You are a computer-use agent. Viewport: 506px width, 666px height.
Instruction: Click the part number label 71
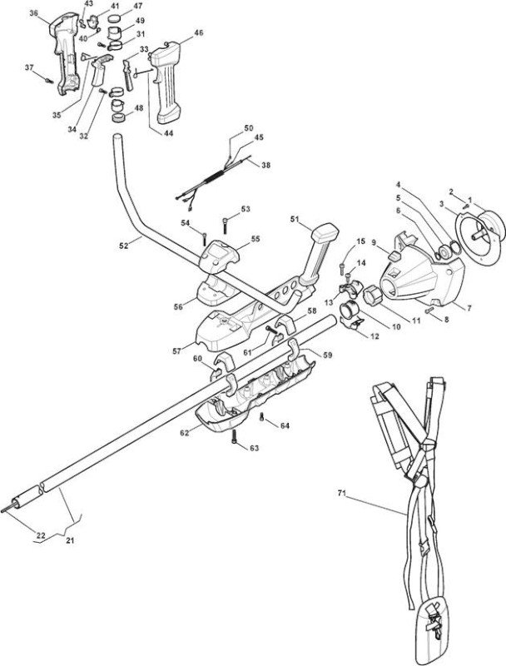point(342,493)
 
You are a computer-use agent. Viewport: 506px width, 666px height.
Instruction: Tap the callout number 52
point(123,246)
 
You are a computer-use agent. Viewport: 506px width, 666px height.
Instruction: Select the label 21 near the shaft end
point(70,540)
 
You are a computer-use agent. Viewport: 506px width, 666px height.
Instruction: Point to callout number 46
point(198,32)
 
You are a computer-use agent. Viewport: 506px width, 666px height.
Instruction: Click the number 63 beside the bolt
point(254,448)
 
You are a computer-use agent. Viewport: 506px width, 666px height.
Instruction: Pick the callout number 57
point(177,350)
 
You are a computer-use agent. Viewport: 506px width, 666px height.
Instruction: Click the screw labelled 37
point(49,79)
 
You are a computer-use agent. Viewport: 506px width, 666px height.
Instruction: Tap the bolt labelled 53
point(225,224)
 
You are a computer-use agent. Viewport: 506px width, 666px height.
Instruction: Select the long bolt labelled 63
point(234,436)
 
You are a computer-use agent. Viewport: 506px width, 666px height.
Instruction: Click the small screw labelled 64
point(262,418)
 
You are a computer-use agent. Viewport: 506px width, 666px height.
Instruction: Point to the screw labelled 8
point(429,311)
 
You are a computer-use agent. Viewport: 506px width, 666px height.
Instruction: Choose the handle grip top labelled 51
point(325,232)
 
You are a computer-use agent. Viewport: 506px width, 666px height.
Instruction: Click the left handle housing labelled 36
point(66,54)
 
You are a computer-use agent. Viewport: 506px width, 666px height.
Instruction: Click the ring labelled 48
point(117,117)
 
